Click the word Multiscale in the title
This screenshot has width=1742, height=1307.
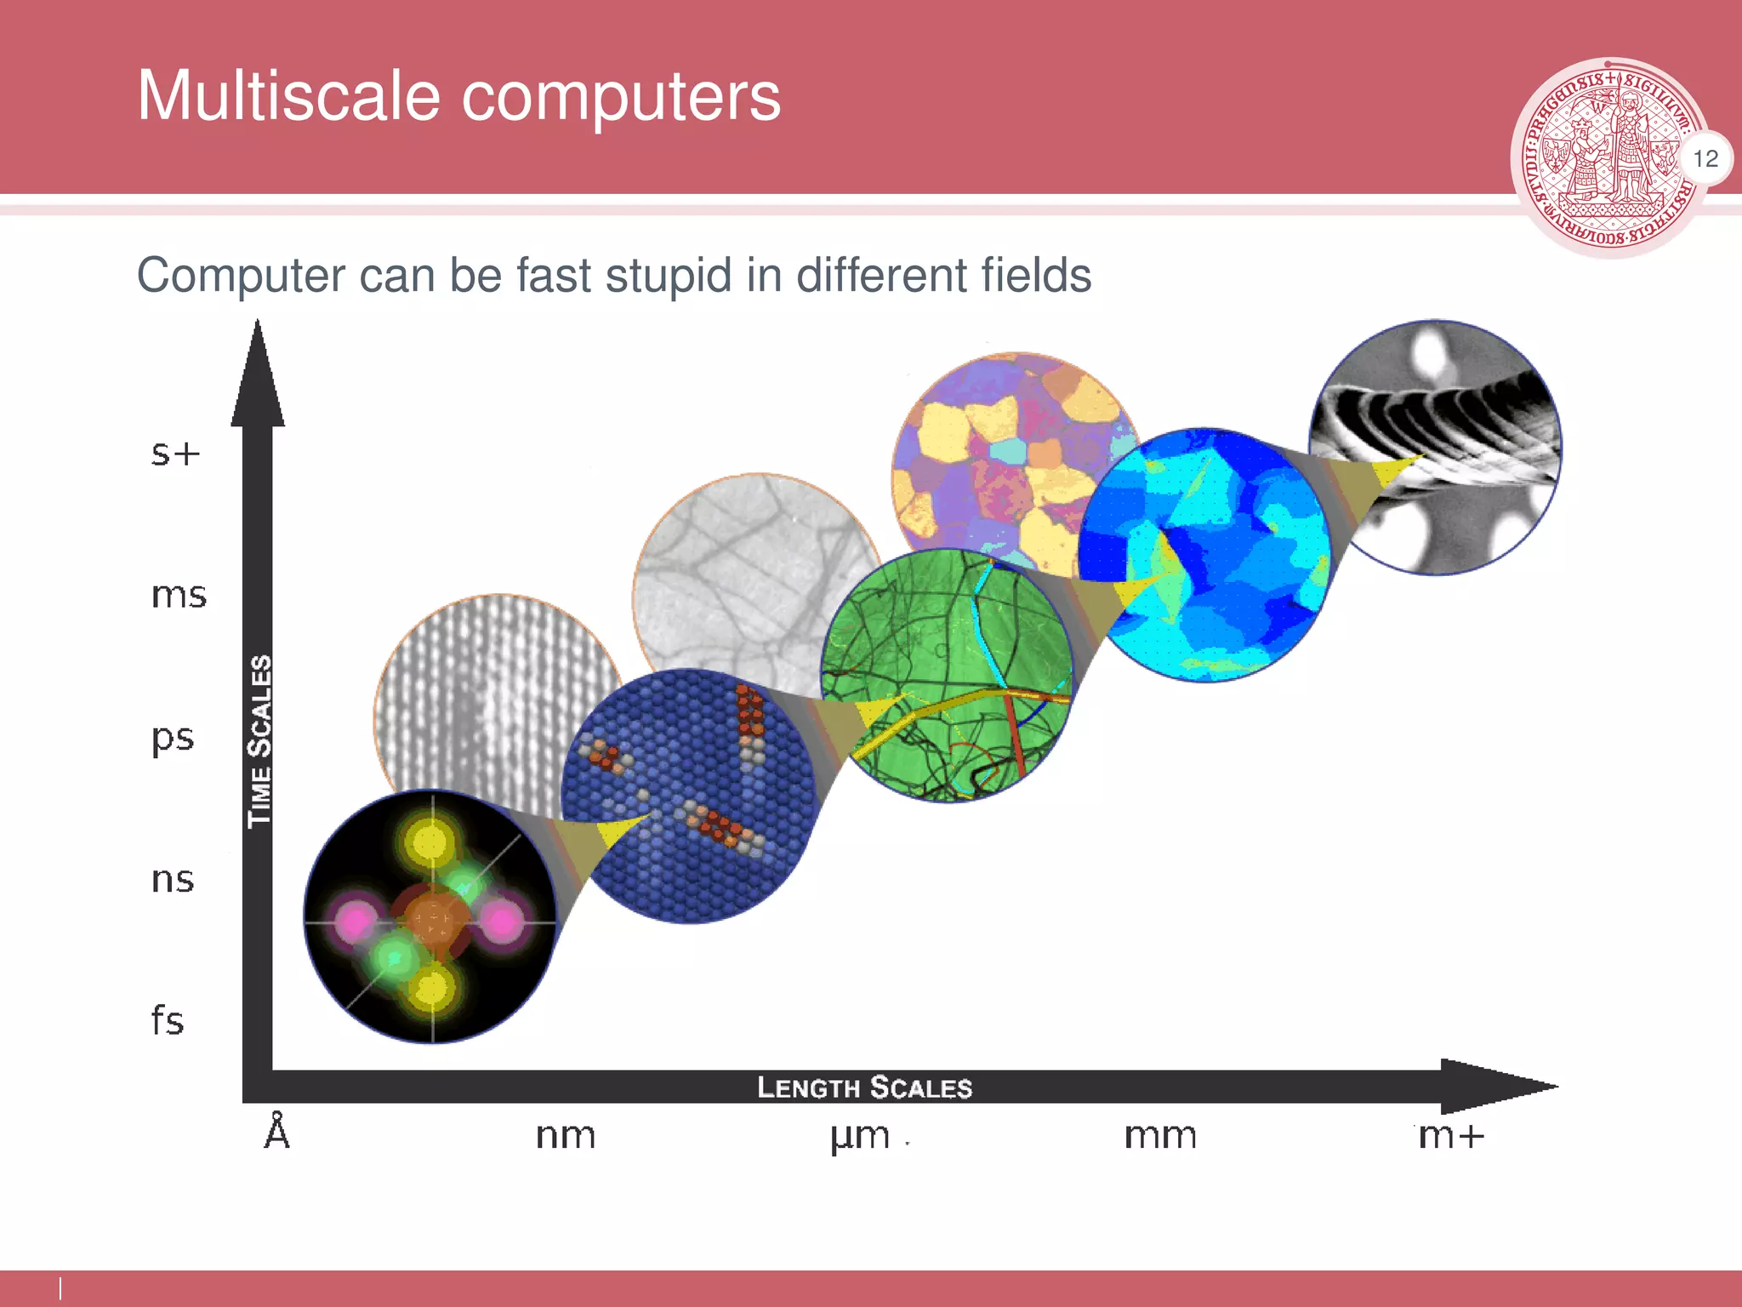coord(288,95)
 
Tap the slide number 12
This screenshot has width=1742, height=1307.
coord(1705,159)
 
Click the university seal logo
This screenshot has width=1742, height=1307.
coord(1607,157)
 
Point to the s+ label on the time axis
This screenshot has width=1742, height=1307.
coord(175,453)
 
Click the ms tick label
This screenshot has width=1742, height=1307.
coord(179,595)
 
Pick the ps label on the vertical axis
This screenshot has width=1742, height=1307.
coord(174,738)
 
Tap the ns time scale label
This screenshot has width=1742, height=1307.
coord(173,879)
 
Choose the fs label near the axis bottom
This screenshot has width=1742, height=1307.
coord(168,1020)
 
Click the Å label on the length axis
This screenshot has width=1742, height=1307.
coord(277,1133)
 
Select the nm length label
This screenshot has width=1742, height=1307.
coord(566,1136)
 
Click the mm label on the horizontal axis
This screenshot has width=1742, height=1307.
coord(1160,1136)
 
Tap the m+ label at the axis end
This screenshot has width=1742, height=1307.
coord(1450,1136)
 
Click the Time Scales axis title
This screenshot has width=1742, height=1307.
coord(259,740)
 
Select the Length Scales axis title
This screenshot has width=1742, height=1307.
coord(864,1087)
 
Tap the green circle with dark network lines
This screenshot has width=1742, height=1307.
coord(946,674)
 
